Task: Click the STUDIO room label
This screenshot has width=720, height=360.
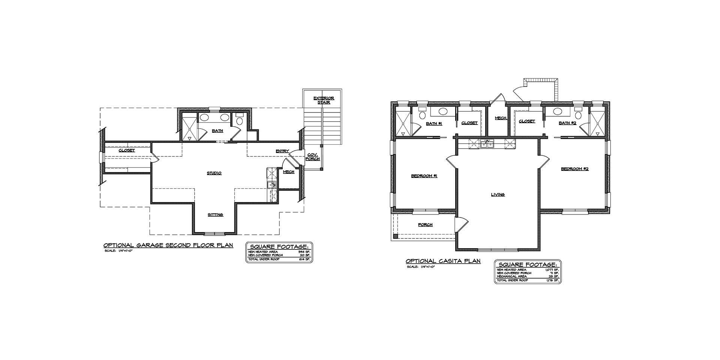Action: coord(214,173)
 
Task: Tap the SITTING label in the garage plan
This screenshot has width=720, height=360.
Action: coord(215,215)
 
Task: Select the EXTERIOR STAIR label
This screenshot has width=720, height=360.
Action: coord(324,100)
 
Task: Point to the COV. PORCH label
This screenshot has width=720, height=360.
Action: coord(313,157)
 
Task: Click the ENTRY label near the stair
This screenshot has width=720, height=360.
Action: coord(282,151)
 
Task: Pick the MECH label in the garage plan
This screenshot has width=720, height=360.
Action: coord(288,172)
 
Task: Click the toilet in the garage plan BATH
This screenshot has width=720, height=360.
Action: coord(239,120)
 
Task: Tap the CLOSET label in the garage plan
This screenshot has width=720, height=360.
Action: coord(127,150)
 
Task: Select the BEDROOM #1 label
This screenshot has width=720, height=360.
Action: coord(424,176)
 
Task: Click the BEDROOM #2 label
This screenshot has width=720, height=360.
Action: coord(574,169)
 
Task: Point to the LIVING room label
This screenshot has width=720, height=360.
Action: coord(498,195)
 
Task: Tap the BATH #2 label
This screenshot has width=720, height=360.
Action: coord(567,123)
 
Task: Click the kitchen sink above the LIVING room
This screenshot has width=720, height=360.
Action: coord(487,144)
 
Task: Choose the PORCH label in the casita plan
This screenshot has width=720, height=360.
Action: coord(425,225)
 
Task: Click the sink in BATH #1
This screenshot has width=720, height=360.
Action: coord(442,111)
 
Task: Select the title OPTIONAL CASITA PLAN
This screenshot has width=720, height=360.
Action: coord(443,261)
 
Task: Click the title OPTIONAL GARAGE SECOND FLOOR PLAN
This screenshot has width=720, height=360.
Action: coord(168,245)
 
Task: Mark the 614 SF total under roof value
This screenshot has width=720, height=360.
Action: coord(304,259)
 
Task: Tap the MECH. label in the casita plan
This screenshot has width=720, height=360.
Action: coord(501,118)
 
